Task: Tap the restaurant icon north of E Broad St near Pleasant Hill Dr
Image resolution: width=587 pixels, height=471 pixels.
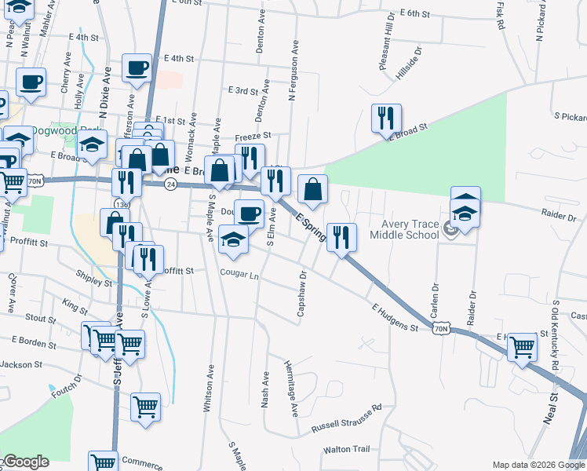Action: tap(386, 119)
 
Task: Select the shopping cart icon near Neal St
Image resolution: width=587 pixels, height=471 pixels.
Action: tap(522, 346)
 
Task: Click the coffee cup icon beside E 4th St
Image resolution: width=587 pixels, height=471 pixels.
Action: tap(137, 69)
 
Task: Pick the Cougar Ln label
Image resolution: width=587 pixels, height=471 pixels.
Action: tap(239, 276)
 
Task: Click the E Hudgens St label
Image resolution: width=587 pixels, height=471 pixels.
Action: tap(395, 317)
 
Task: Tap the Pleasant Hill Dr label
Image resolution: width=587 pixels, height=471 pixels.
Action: tap(385, 52)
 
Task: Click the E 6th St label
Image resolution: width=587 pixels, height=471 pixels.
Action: tap(415, 13)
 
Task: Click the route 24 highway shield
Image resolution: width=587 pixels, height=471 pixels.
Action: tap(170, 184)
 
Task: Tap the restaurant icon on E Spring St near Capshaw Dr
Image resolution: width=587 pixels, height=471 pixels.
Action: tap(341, 237)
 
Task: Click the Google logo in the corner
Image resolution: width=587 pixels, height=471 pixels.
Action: tap(25, 462)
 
